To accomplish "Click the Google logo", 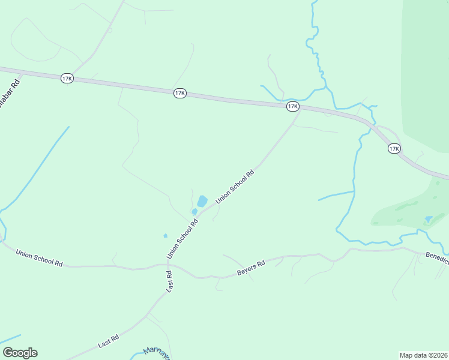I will (x=20, y=353).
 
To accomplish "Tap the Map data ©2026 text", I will (x=424, y=355).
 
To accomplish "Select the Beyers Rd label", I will (x=251, y=269).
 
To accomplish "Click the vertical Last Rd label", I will (x=169, y=282).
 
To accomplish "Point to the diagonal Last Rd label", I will (x=109, y=342).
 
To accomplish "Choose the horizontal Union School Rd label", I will (x=40, y=258).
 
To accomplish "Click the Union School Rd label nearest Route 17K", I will (x=235, y=187).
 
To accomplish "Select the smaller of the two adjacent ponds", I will (x=194, y=211).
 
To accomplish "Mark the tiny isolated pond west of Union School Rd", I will (x=165, y=235).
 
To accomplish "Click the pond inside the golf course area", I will (x=428, y=218).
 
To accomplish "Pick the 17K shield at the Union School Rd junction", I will (x=292, y=106).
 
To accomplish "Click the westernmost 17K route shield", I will (x=67, y=79).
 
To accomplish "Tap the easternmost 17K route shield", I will (x=394, y=148).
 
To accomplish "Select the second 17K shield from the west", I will (x=179, y=93).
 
